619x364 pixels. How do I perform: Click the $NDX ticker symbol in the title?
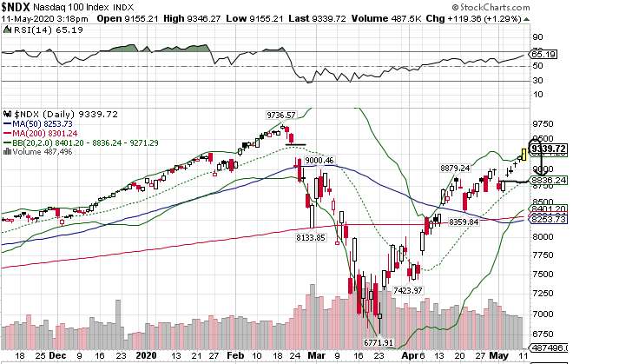[x=16, y=6]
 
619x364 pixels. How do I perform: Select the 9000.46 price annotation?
[x=318, y=160]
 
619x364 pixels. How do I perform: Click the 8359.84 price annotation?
[x=464, y=222]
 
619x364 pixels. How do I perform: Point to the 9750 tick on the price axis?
[x=544, y=123]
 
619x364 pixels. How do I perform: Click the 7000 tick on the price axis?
[x=544, y=314]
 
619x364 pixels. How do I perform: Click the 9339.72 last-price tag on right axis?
[x=549, y=149]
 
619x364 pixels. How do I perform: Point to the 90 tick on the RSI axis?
[x=538, y=37]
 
